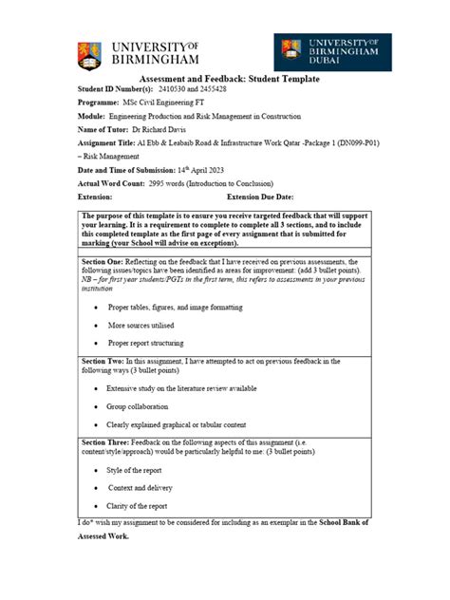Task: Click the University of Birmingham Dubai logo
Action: [x=332, y=53]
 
